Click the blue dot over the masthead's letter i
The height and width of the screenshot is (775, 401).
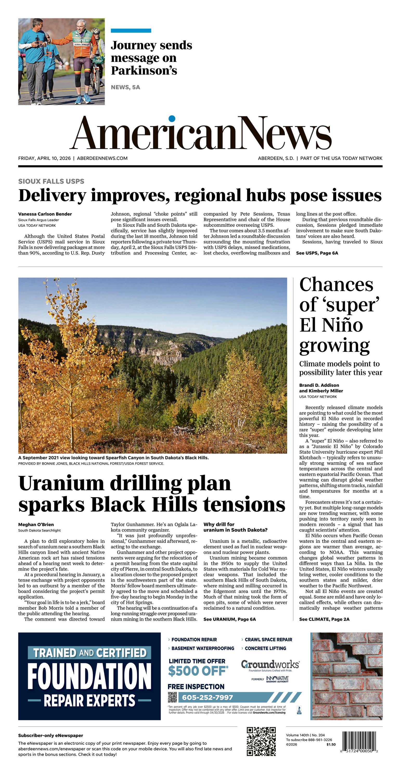click(172, 119)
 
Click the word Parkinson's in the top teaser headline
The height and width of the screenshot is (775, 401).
click(144, 71)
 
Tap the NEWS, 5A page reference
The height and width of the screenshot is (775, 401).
click(125, 87)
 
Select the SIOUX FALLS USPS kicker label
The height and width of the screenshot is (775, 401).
click(51, 181)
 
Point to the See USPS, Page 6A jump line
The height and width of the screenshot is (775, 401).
click(317, 253)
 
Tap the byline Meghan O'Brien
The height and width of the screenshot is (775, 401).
click(36, 524)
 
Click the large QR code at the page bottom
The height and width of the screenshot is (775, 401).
click(261, 742)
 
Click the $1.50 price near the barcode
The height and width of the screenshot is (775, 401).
click(331, 744)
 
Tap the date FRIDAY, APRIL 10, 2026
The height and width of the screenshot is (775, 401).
click(44, 158)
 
